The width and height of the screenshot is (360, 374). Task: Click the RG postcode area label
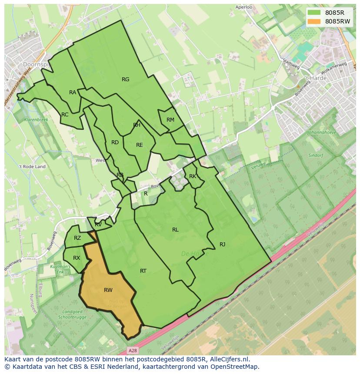(126, 79)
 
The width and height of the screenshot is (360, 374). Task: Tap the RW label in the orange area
(108, 290)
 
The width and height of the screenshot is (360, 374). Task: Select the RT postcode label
(143, 271)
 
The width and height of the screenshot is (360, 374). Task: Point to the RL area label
(175, 230)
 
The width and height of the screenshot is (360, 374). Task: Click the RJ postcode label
(222, 245)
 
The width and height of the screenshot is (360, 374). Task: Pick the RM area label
(170, 120)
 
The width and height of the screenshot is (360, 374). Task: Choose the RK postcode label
(193, 176)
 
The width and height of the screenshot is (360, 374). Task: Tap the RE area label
(140, 145)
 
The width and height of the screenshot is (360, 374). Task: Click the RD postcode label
(115, 142)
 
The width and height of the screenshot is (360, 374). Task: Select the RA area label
(73, 93)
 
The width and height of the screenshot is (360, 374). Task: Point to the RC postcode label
(65, 115)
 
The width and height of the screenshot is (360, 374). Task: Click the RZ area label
(77, 238)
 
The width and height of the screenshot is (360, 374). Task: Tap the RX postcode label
(77, 258)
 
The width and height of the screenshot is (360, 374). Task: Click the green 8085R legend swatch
(313, 12)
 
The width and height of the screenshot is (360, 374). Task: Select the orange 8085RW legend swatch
(313, 21)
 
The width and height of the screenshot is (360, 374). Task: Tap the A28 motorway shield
(133, 350)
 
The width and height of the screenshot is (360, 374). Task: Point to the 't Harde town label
(316, 78)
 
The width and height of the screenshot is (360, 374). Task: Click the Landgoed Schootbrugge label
(72, 314)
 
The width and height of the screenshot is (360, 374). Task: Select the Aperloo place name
(243, 7)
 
